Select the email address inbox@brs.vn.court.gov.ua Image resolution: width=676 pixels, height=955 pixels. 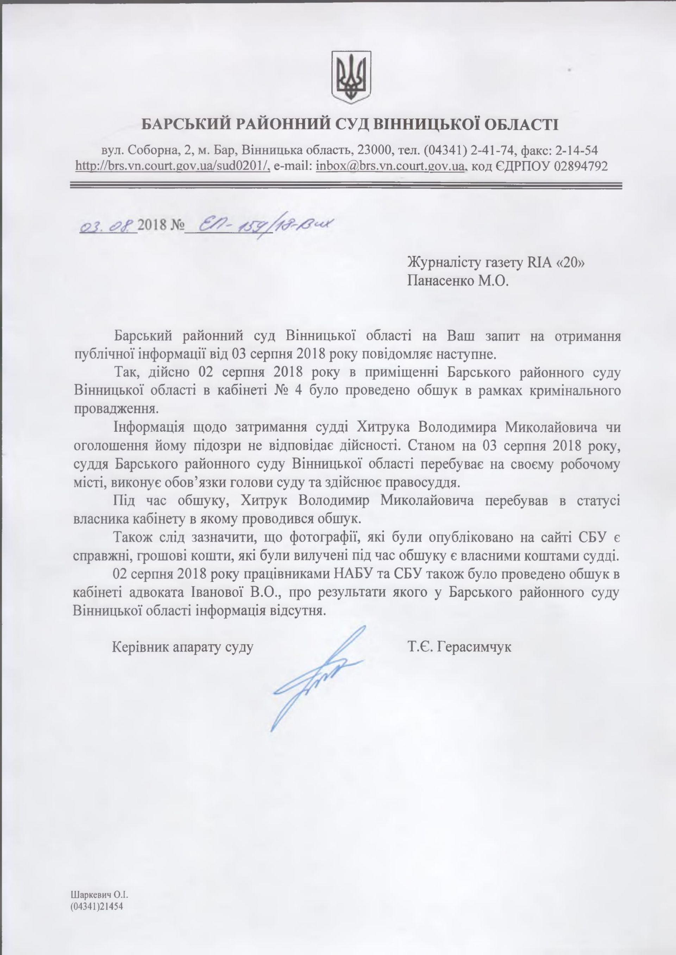pos(390,166)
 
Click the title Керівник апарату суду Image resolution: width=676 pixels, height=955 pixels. pos(183,647)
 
